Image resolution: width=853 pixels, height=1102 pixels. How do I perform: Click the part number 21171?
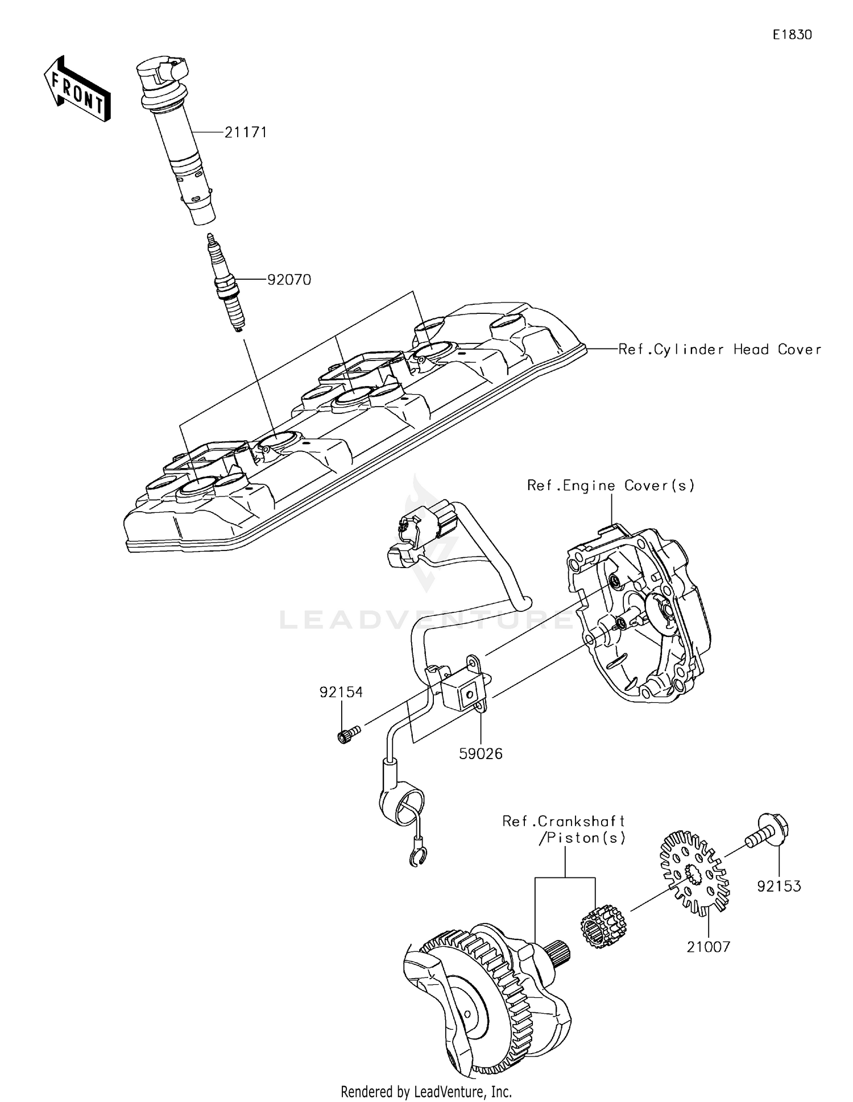pyautogui.click(x=246, y=132)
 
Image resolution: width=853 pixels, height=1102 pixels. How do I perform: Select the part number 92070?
pyautogui.click(x=289, y=280)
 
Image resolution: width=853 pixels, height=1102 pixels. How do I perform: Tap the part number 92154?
pyautogui.click(x=341, y=692)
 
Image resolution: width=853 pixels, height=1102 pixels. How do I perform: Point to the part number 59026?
pyautogui.click(x=481, y=753)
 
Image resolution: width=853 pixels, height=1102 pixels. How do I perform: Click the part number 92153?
pyautogui.click(x=779, y=886)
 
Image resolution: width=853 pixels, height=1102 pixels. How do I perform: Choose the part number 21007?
pyautogui.click(x=708, y=947)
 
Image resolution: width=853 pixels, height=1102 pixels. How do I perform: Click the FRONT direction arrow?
pyautogui.click(x=77, y=89)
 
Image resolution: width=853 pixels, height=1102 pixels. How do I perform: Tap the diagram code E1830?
pyautogui.click(x=792, y=35)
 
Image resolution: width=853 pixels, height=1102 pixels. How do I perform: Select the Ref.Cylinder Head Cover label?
pyautogui.click(x=719, y=349)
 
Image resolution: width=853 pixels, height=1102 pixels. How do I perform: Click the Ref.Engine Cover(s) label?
pyautogui.click(x=611, y=485)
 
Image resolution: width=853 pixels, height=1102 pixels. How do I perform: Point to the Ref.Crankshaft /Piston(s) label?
pyautogui.click(x=564, y=830)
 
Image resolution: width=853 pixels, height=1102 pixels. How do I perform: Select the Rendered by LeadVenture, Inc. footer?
pyautogui.click(x=426, y=1092)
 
